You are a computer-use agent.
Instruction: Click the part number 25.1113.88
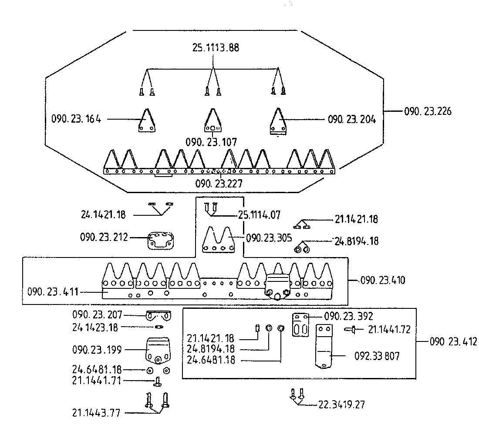coord(216,47)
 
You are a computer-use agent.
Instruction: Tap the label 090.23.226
coord(428,111)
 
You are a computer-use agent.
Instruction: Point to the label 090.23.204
coord(351,119)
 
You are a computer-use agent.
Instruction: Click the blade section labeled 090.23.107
coord(213,121)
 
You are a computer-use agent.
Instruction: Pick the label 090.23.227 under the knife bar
coord(219,184)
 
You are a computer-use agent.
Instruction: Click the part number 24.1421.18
coord(103,214)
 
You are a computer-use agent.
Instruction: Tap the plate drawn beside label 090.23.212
coord(160,241)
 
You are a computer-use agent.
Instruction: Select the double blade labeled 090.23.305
coord(219,240)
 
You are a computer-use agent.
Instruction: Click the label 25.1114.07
coord(259,215)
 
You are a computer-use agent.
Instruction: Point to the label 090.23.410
coord(383,280)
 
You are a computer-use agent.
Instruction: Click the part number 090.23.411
coord(53,291)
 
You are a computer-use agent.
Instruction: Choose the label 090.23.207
coord(97,314)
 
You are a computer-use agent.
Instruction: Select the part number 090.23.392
coord(348,316)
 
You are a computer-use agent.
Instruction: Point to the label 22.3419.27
coord(341,405)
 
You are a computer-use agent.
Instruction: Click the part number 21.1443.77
coord(96,413)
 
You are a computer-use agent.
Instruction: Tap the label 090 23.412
coord(453,341)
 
